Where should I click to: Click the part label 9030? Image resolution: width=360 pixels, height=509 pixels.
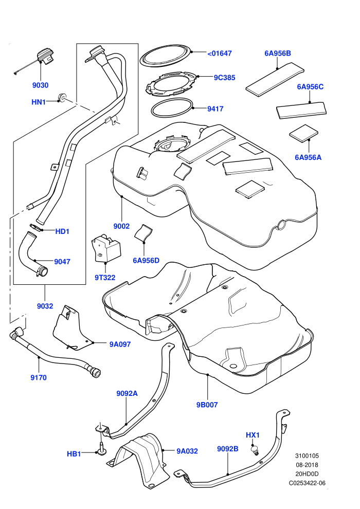click(x=40, y=85)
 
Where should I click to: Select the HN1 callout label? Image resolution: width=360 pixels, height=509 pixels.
click(x=38, y=102)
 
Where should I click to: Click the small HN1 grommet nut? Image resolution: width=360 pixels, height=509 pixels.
click(x=61, y=97)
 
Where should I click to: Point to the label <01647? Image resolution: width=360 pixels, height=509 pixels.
click(x=220, y=53)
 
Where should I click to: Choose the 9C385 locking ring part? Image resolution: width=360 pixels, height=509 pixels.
click(x=171, y=84)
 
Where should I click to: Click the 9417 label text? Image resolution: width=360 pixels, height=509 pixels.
click(x=215, y=109)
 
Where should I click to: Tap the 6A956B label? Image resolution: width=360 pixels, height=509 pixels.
click(x=278, y=53)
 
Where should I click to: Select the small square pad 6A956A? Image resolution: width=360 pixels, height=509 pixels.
click(x=304, y=133)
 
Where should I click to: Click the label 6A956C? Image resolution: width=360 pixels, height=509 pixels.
click(x=310, y=87)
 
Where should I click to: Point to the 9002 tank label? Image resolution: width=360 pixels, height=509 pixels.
click(x=121, y=226)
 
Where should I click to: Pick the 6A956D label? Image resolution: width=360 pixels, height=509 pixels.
click(x=146, y=260)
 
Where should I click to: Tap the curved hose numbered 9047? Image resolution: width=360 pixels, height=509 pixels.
click(x=31, y=253)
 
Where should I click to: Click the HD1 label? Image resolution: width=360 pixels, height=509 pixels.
click(x=62, y=231)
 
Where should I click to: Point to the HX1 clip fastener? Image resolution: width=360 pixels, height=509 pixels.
click(x=255, y=450)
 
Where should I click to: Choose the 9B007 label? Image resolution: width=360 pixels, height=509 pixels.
click(x=207, y=405)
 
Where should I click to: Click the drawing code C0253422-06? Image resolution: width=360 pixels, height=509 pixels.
click(x=307, y=483)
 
